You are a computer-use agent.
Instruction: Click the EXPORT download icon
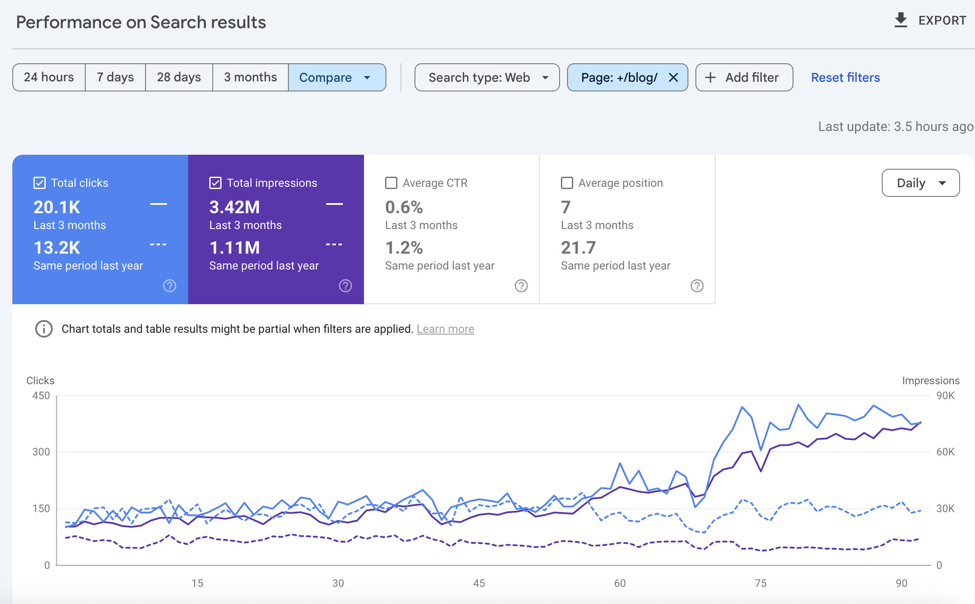901,20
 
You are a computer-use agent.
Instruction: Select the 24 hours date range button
49,77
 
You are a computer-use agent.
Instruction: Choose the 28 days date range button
179,77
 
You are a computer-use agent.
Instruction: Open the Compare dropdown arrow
367,78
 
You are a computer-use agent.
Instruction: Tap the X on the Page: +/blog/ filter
673,78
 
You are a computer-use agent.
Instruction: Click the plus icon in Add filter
710,78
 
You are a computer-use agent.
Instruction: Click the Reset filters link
845,77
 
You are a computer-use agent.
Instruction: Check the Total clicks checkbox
40,183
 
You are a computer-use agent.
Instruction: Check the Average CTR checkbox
391,183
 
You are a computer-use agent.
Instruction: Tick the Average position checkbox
567,183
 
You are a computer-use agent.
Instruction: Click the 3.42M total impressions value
234,207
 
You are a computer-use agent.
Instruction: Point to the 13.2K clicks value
57,247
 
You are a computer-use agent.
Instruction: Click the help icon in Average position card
697,286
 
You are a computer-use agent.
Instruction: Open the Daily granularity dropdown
920,183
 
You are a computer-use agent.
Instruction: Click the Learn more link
445,329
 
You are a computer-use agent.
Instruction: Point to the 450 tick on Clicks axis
41,396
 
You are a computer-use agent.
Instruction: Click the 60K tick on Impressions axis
945,452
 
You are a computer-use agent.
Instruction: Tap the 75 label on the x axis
760,583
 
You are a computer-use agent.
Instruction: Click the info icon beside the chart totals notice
44,329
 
